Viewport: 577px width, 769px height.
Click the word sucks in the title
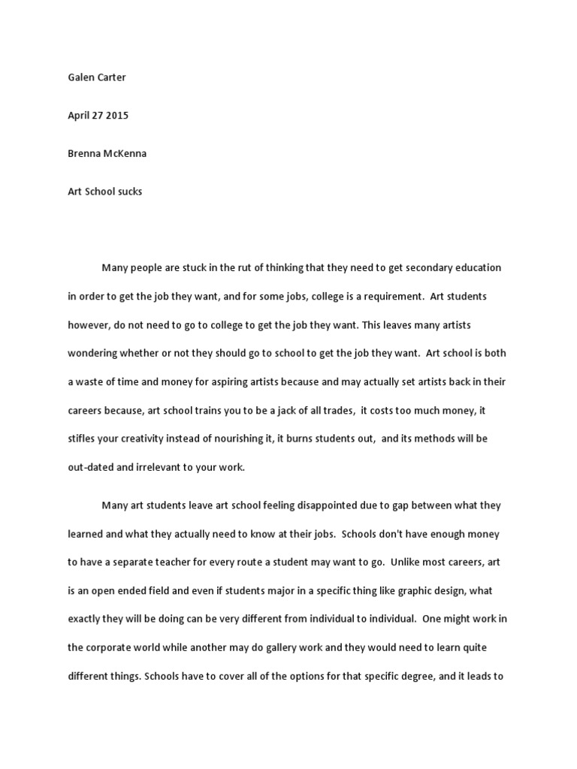pyautogui.click(x=129, y=191)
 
